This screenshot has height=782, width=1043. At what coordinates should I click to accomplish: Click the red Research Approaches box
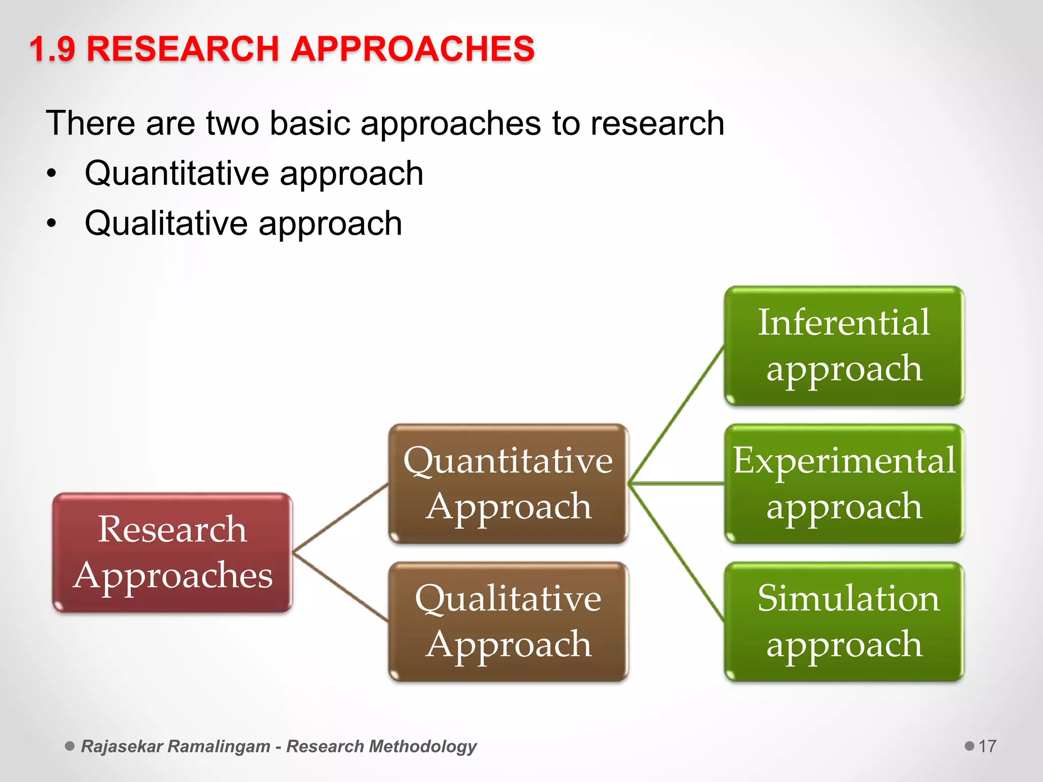[172, 552]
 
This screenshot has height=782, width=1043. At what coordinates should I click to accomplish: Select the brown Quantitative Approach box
[508, 484]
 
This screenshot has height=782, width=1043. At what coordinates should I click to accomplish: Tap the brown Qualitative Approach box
[508, 622]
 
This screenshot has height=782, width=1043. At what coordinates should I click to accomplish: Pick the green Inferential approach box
[844, 346]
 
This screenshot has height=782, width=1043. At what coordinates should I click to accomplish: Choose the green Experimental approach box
[844, 484]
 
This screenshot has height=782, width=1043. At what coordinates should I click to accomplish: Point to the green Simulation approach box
[844, 622]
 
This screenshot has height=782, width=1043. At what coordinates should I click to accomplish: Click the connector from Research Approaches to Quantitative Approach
[340, 518]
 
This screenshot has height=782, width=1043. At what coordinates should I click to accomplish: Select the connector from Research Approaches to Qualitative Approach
[340, 587]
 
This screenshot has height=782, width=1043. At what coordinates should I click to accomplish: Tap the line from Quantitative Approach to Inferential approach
[676, 415]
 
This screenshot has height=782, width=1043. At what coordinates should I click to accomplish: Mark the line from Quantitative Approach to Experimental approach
[676, 483]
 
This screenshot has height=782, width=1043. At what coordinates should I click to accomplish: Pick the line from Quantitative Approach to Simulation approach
[676, 552]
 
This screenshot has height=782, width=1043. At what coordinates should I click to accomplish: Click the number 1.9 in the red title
[52, 49]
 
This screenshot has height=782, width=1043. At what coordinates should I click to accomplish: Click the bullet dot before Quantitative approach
[51, 174]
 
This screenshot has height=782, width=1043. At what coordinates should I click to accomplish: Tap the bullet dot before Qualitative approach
[51, 224]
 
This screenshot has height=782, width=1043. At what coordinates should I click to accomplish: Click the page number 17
[987, 746]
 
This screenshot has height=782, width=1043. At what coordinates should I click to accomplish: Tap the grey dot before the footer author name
[70, 746]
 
